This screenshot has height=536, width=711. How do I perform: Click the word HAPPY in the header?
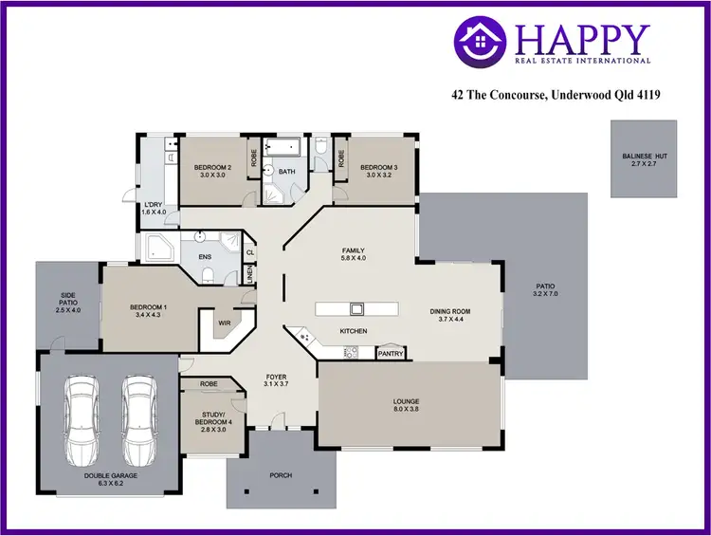coord(583,39)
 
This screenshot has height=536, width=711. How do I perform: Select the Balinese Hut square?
coord(644,158)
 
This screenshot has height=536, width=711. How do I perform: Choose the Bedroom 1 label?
coord(148,310)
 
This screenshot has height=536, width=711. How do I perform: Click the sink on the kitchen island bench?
coord(357,307)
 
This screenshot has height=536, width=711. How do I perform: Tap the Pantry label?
coord(391,354)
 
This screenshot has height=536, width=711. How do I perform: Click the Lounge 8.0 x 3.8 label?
coord(406,405)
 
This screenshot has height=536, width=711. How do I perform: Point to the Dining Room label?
coord(451,315)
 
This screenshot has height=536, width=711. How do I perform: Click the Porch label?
coord(281,474)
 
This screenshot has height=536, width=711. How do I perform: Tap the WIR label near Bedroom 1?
coord(225,323)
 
